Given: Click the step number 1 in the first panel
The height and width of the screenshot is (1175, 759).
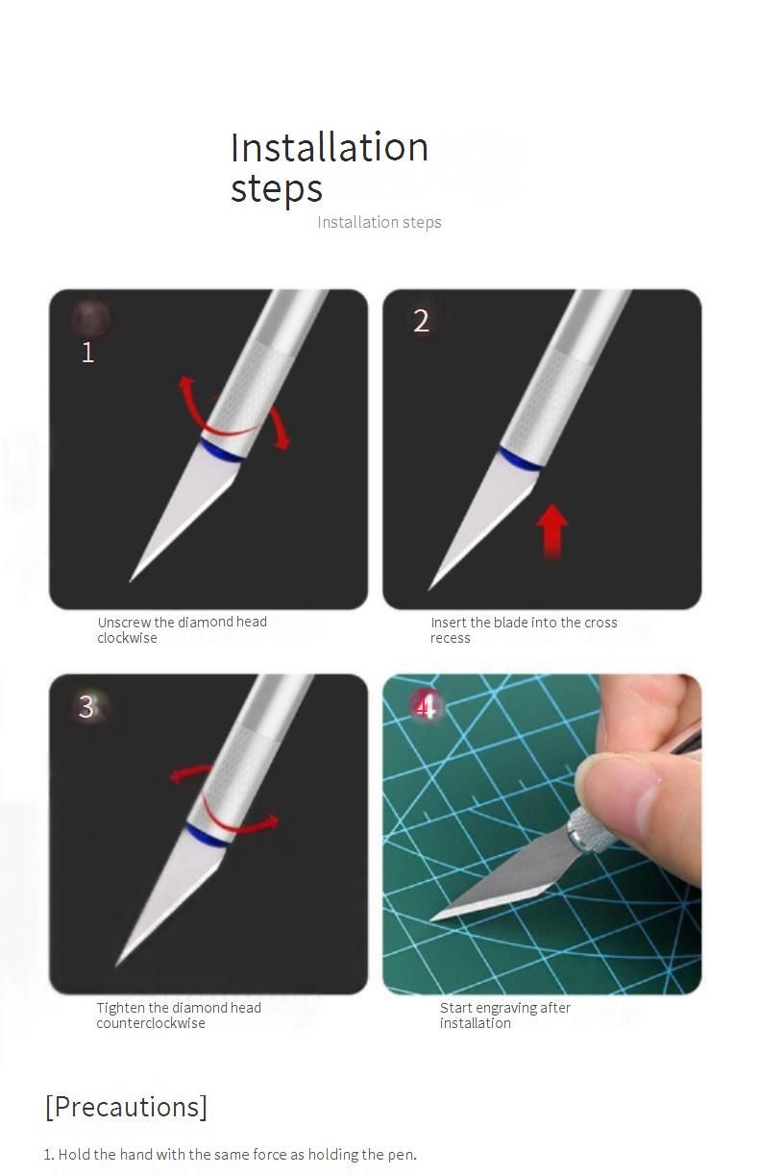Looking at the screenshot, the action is (x=88, y=352).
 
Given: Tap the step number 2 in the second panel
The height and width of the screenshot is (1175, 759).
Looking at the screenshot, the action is (x=421, y=321).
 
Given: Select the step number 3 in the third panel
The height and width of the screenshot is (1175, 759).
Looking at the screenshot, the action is (x=86, y=706).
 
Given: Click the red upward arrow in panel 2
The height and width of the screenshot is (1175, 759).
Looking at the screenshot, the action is (x=551, y=530).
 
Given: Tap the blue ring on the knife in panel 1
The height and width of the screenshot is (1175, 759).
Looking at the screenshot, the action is (x=221, y=452).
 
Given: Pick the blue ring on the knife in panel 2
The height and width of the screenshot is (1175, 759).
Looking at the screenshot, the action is (x=519, y=459).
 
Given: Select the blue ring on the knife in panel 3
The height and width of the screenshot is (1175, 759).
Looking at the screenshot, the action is (x=208, y=835).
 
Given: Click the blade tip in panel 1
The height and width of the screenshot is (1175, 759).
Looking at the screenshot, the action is (x=130, y=580).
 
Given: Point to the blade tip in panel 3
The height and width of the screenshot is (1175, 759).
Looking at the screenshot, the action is (x=116, y=966).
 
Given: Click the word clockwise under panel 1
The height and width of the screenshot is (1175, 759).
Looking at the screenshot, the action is (x=127, y=638).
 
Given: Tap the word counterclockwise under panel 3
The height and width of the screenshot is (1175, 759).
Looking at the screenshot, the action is (x=151, y=1023).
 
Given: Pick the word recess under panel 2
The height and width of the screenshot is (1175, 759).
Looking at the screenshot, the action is (x=450, y=638).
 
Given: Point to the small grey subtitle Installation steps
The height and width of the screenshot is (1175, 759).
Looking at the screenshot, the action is (x=379, y=222).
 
